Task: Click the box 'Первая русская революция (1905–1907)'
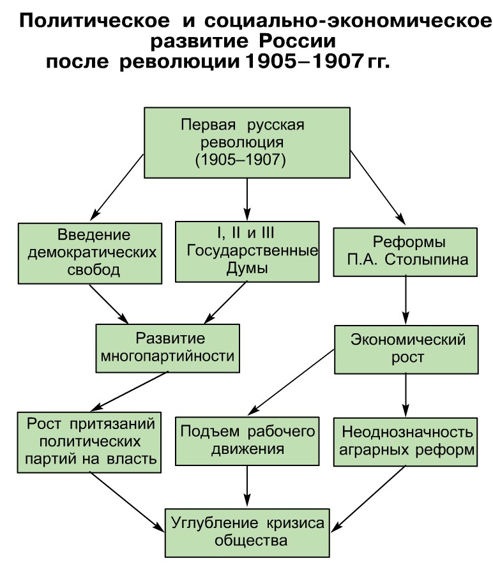(247, 142)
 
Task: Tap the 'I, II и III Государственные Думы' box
(247, 251)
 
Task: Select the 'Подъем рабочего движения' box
(247, 441)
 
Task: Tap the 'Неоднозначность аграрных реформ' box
(406, 441)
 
